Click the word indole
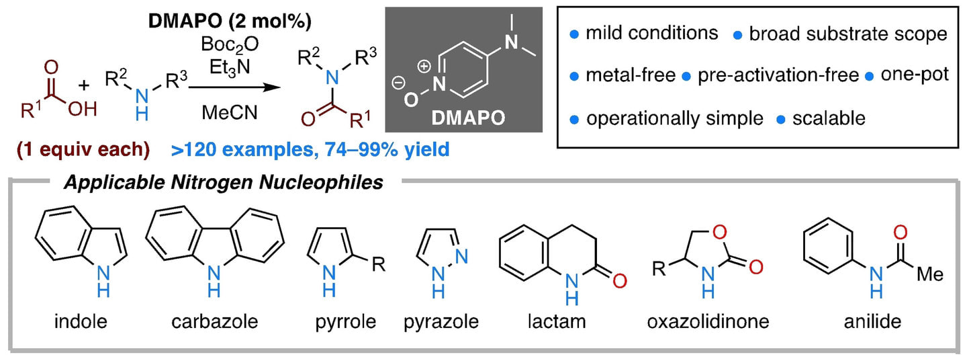[80, 322]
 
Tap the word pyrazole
[441, 322]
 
